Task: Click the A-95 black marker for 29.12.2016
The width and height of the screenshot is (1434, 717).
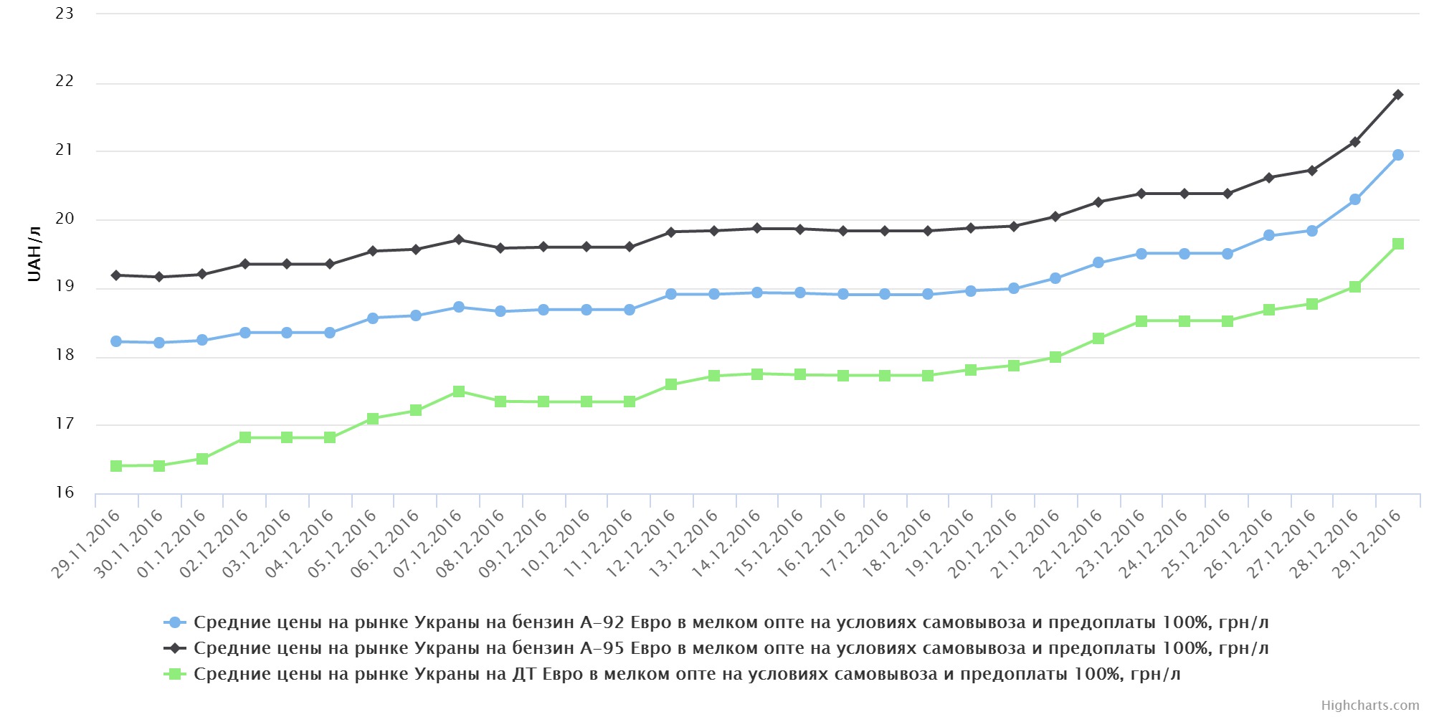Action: [1397, 95]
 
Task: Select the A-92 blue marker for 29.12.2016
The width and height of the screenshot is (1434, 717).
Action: [1397, 155]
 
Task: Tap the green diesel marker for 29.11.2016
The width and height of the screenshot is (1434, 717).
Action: [116, 466]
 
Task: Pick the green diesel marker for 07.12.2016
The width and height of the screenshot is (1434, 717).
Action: [459, 391]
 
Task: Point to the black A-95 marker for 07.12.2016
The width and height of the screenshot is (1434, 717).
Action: [459, 239]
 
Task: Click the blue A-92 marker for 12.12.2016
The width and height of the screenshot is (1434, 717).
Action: [671, 294]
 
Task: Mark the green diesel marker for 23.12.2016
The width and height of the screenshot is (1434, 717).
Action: [1141, 321]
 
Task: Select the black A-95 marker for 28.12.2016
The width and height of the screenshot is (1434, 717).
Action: [1354, 142]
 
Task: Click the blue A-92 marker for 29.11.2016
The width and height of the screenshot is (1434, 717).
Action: [116, 341]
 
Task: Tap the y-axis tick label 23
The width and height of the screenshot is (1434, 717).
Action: [65, 14]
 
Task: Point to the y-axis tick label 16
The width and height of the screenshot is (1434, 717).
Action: [65, 493]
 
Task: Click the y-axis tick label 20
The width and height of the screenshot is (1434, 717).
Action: [65, 219]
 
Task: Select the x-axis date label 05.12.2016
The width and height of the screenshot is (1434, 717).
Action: [343, 543]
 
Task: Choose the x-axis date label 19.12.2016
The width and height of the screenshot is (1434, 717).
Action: [940, 543]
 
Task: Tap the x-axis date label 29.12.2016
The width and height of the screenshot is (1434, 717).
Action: [1367, 543]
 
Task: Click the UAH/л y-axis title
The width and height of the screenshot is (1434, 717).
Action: [34, 255]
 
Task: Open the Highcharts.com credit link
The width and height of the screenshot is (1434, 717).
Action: [1369, 706]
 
